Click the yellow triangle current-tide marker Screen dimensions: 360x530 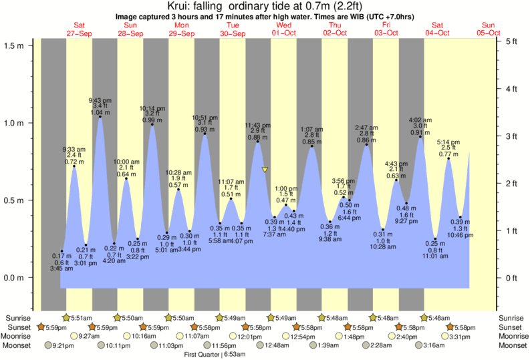(x=265, y=170)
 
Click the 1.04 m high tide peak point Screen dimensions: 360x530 (x=100, y=117)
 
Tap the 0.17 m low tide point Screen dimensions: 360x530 (x=61, y=251)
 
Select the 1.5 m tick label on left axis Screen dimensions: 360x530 (x=14, y=45)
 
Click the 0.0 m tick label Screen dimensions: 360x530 (x=14, y=277)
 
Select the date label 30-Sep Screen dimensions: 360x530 (x=233, y=33)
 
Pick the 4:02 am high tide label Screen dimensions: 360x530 (x=420, y=120)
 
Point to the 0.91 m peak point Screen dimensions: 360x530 (x=420, y=137)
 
